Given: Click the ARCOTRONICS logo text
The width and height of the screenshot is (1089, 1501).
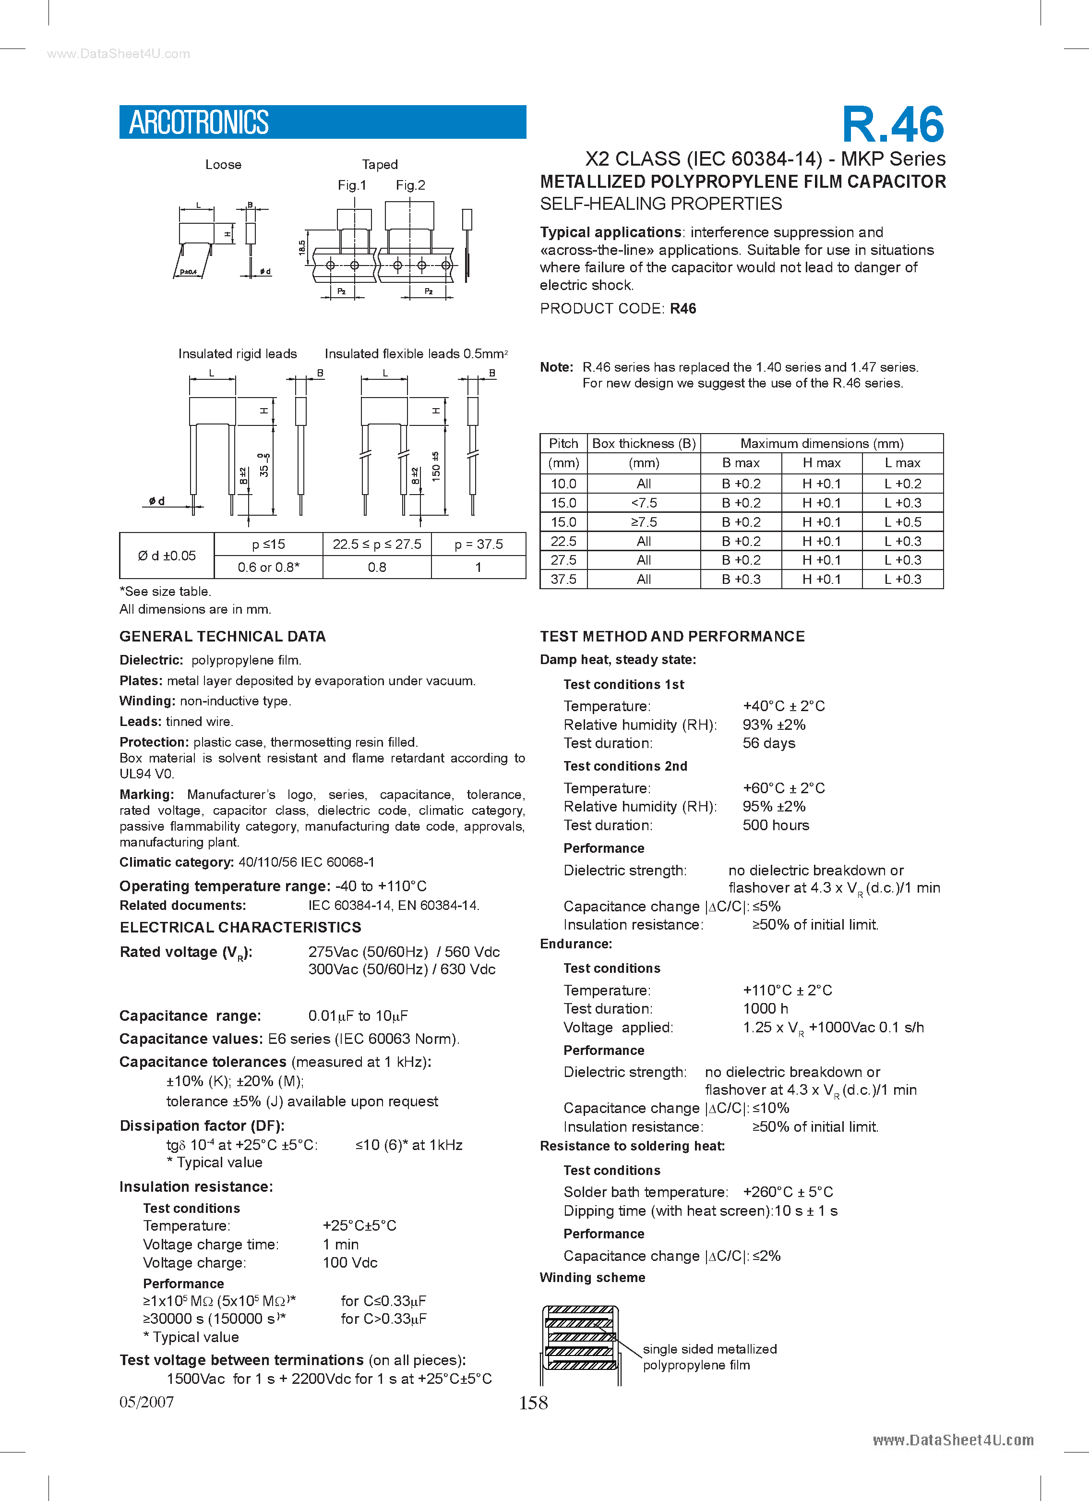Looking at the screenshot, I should [x=199, y=122].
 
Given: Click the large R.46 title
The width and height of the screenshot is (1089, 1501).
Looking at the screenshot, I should [x=893, y=124].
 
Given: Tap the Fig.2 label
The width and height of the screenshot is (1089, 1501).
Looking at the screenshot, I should [x=410, y=185].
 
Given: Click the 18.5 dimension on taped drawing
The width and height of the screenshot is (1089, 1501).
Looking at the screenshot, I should [x=302, y=247].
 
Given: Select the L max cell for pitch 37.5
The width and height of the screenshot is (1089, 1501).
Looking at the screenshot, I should [x=902, y=579].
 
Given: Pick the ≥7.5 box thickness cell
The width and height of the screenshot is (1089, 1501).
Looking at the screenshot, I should [x=643, y=522].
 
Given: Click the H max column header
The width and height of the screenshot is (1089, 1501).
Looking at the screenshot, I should [x=821, y=462].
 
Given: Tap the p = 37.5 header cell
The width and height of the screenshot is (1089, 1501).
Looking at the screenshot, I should [x=479, y=544].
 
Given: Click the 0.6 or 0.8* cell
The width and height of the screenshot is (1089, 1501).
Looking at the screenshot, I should [x=268, y=567].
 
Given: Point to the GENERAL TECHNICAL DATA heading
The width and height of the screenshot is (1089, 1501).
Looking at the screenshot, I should [x=222, y=636].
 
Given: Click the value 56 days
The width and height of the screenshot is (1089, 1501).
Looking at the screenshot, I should [x=769, y=743].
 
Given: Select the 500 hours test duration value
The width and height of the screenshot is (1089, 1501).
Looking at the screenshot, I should [x=776, y=825].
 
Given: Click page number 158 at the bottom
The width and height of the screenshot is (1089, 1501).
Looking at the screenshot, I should [x=533, y=1403].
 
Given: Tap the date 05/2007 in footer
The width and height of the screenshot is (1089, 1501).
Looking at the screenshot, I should [x=146, y=1402].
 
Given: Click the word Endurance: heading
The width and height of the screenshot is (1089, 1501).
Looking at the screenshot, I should [x=575, y=944].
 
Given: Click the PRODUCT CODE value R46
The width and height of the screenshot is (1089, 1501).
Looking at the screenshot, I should [x=683, y=308].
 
